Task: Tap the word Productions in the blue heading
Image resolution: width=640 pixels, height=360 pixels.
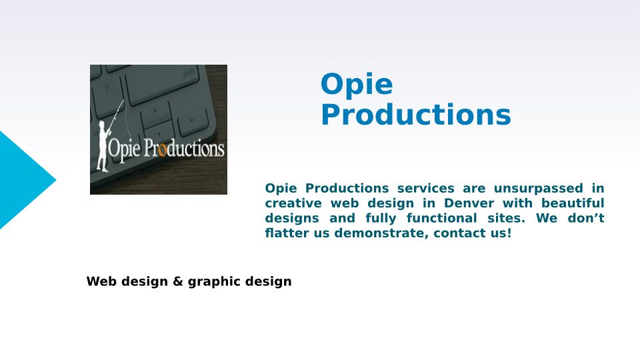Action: point(416,115)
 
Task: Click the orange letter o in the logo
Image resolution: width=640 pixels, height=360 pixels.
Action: point(162,150)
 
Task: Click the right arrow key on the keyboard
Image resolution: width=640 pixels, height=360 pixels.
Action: point(192,121)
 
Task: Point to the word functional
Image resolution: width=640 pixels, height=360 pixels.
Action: point(441,218)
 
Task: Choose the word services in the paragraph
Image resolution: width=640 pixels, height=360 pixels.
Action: point(426,189)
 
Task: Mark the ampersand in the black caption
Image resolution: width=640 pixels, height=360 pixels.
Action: point(177,281)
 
